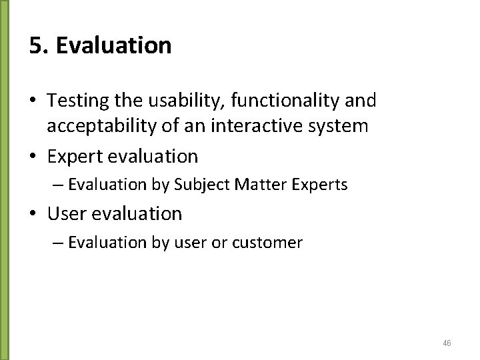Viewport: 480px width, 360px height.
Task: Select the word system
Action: tap(339, 126)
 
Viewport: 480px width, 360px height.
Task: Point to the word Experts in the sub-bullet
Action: tap(318, 185)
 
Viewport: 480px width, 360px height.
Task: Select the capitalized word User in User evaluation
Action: tap(64, 214)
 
